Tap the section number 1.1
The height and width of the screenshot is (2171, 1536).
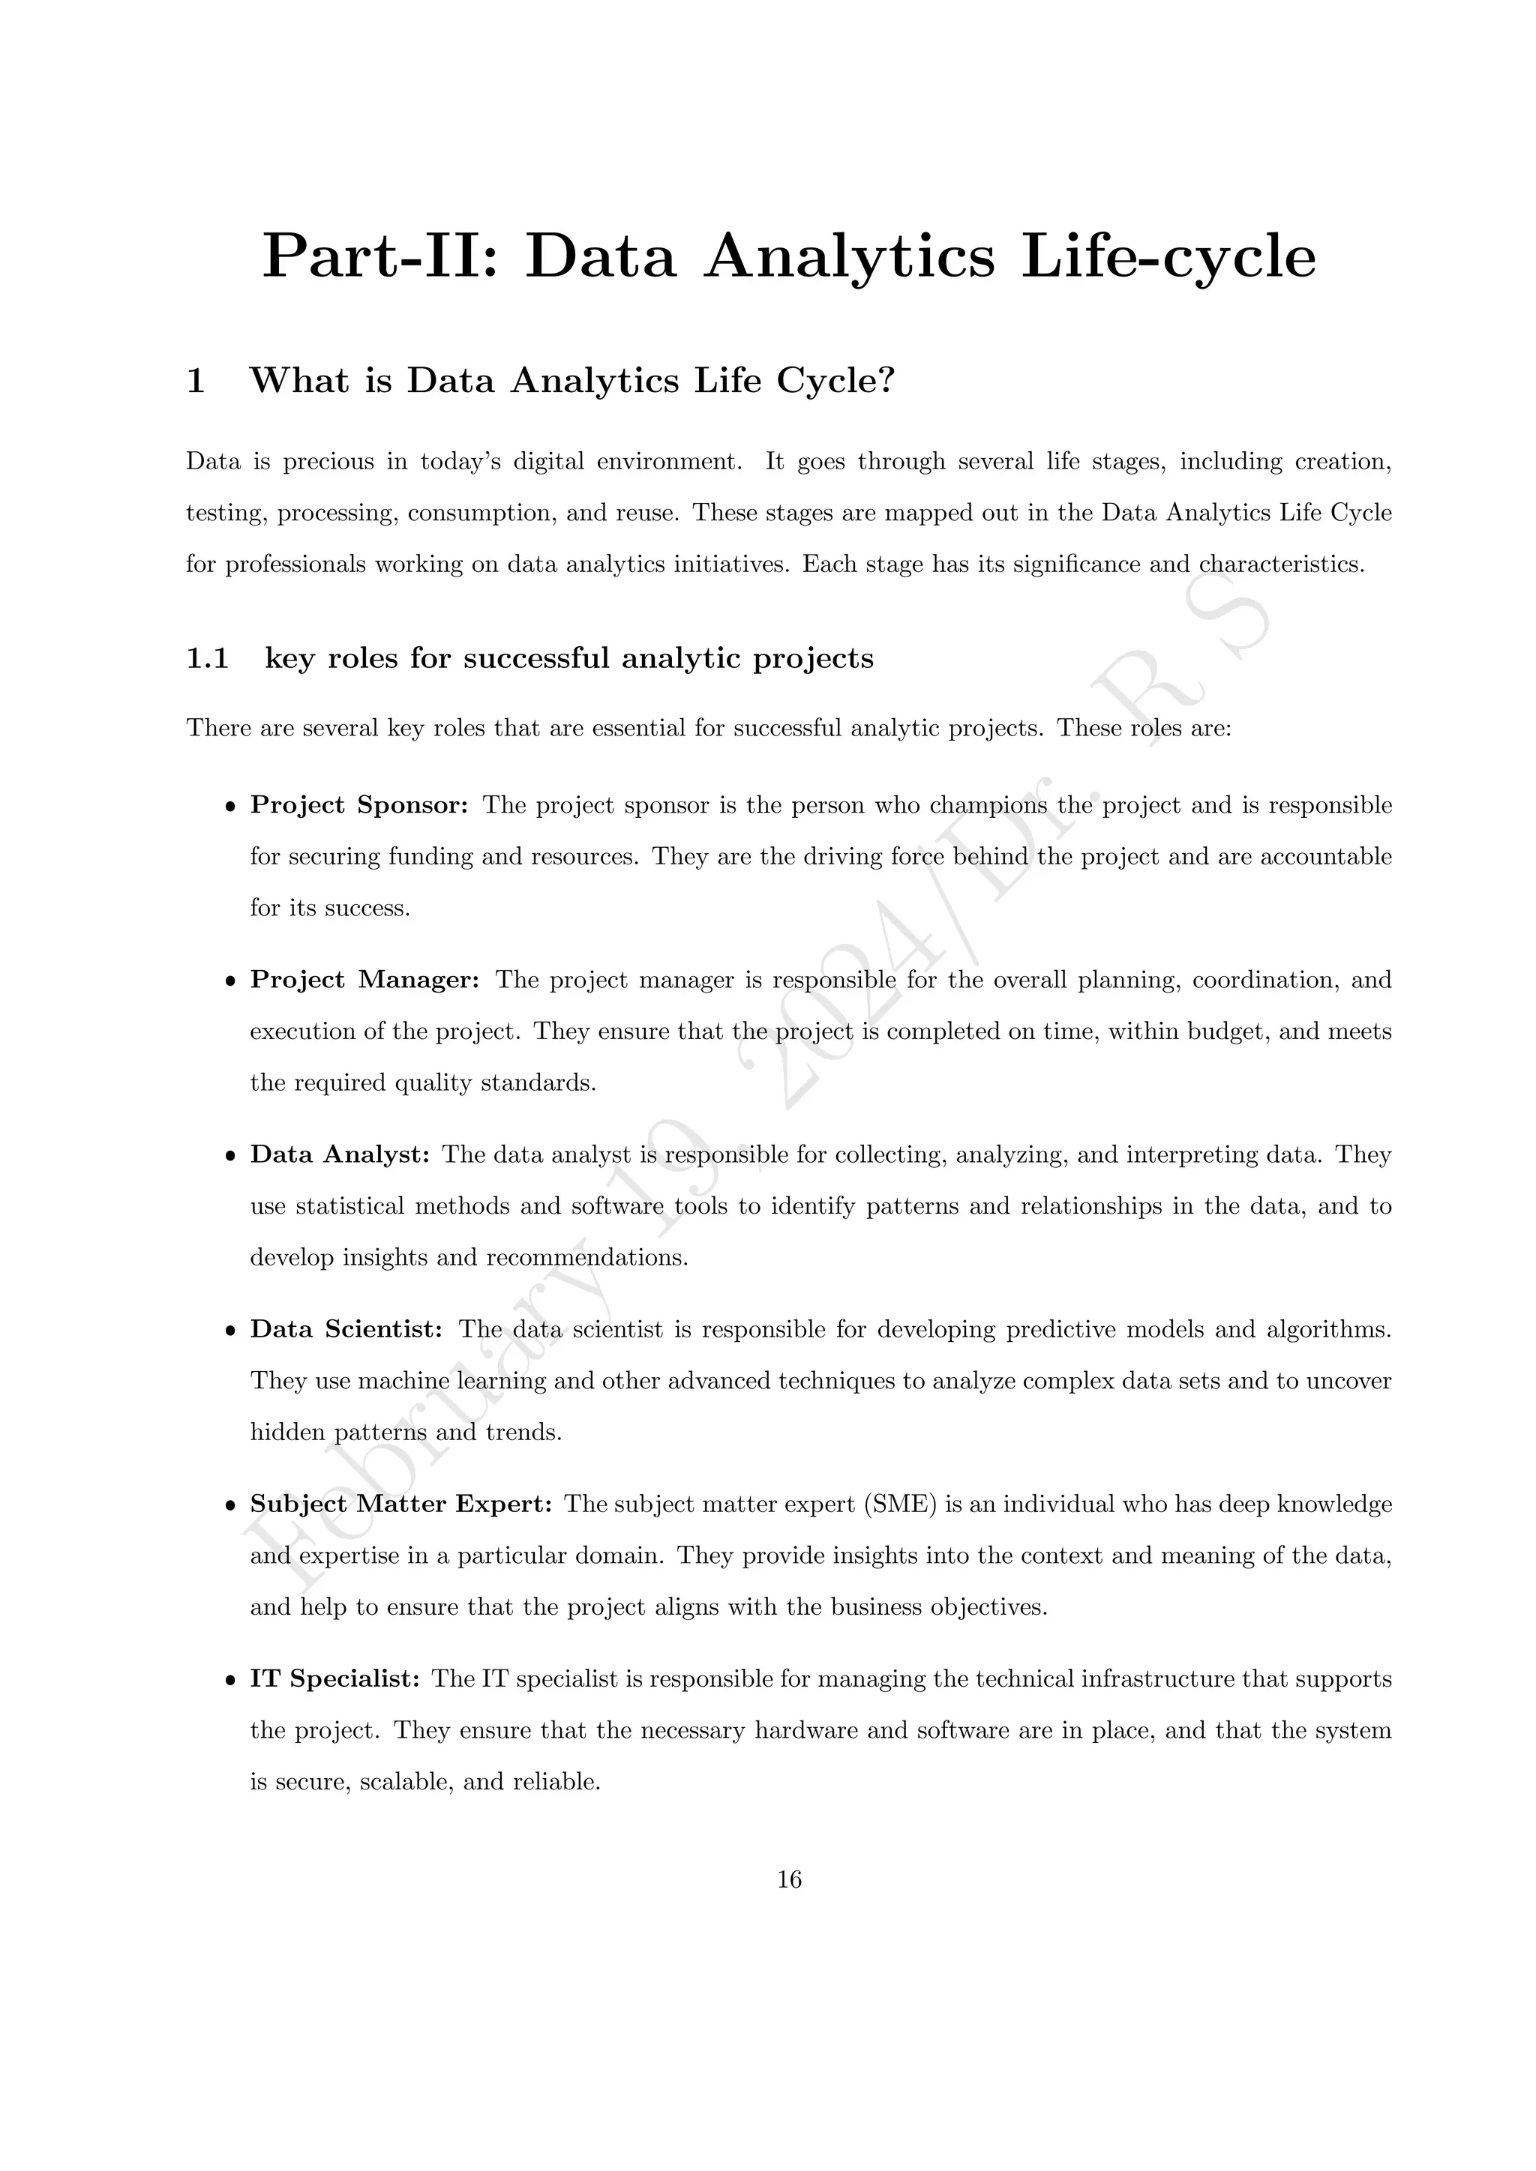point(207,658)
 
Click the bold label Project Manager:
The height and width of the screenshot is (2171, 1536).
point(365,981)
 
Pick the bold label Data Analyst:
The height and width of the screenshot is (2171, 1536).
point(340,1154)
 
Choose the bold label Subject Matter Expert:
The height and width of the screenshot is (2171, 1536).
point(401,1505)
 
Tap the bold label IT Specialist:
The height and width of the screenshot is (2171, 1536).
point(334,1679)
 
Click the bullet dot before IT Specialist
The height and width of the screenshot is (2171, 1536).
point(229,1681)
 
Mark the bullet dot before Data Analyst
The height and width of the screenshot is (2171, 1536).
point(229,1157)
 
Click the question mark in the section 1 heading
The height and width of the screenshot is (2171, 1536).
point(886,380)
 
